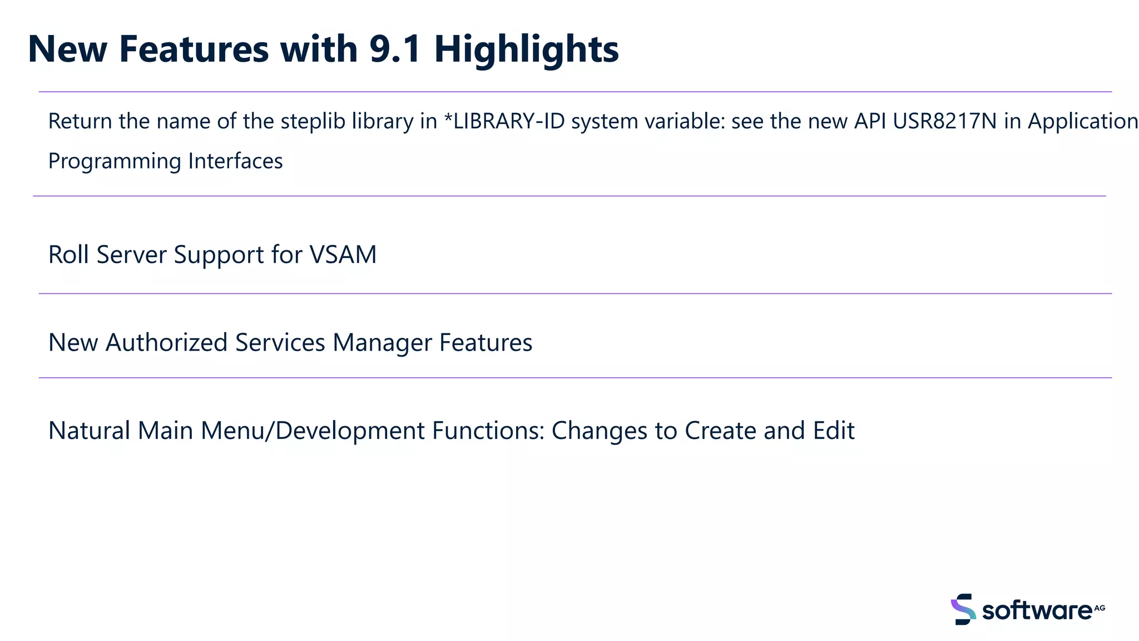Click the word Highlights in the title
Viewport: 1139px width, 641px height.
click(x=526, y=49)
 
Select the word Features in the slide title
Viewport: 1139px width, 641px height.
click(x=194, y=49)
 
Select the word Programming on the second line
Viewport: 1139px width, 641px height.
click(x=115, y=161)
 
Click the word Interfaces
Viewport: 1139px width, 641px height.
click(x=235, y=161)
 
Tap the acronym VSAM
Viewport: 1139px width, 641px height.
click(x=343, y=255)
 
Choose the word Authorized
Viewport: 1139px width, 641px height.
click(x=166, y=343)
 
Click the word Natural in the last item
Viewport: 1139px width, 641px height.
click(x=89, y=431)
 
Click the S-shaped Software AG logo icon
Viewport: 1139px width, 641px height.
click(x=963, y=609)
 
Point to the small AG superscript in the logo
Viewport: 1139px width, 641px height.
click(x=1100, y=608)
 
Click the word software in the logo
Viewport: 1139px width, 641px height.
click(x=1036, y=611)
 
